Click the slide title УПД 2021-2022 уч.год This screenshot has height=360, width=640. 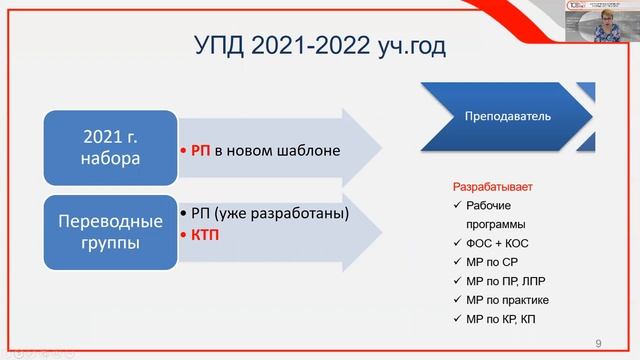(x=319, y=46)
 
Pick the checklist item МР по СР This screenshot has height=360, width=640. (x=490, y=262)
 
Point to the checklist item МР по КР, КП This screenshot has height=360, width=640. (x=501, y=319)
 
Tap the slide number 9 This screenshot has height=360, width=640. (x=598, y=343)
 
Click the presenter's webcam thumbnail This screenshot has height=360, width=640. (x=609, y=22)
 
